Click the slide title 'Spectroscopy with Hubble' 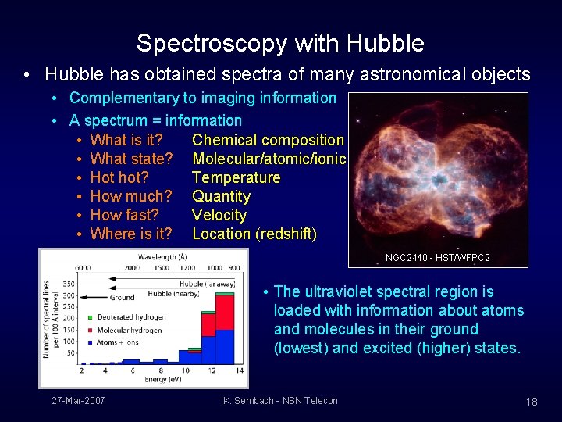[280, 43]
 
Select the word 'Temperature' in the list [236, 177]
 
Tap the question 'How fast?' [124, 215]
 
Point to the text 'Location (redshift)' [254, 234]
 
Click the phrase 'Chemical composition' [268, 140]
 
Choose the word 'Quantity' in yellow [221, 196]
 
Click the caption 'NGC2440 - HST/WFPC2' [437, 257]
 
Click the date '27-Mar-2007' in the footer [78, 401]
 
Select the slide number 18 [532, 402]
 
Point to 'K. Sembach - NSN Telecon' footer [280, 401]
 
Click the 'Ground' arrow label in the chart [123, 297]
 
